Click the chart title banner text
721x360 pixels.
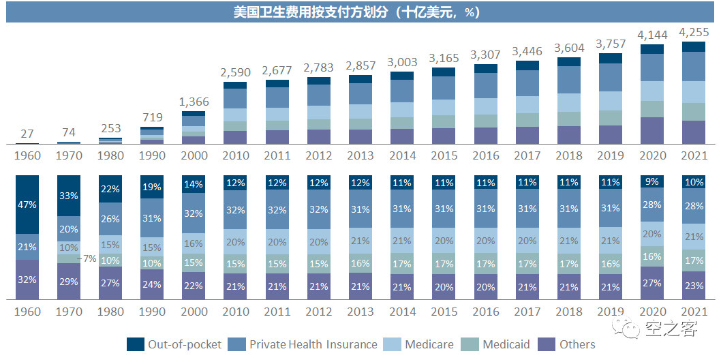point(360,12)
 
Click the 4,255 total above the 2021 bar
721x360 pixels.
point(693,32)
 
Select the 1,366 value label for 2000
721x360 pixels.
point(194,102)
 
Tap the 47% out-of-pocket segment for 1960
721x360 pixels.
point(27,204)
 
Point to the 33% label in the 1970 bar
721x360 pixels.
point(69,195)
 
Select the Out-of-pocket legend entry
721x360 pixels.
point(174,344)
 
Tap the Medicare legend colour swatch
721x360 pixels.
point(395,344)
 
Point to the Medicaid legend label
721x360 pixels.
point(506,344)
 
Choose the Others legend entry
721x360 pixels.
point(577,344)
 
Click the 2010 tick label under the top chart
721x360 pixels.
point(235,155)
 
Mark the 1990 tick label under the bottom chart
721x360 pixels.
point(152,312)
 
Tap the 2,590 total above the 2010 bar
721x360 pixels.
point(235,72)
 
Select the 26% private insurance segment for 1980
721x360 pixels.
point(110,219)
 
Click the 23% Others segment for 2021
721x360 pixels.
point(693,286)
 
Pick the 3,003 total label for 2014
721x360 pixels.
point(401,61)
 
